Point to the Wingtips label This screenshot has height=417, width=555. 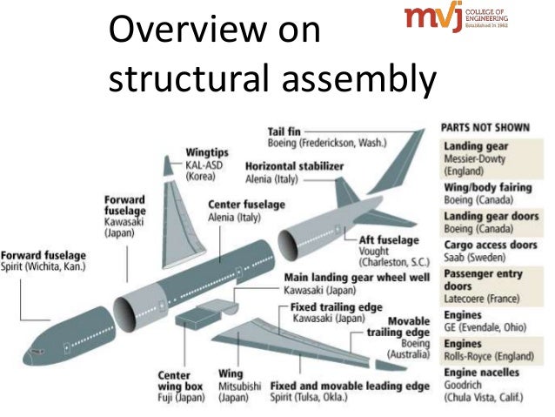(207, 151)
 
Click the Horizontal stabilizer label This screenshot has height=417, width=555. (294, 165)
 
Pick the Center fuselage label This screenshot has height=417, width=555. (246, 205)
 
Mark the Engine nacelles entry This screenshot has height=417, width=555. (482, 373)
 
